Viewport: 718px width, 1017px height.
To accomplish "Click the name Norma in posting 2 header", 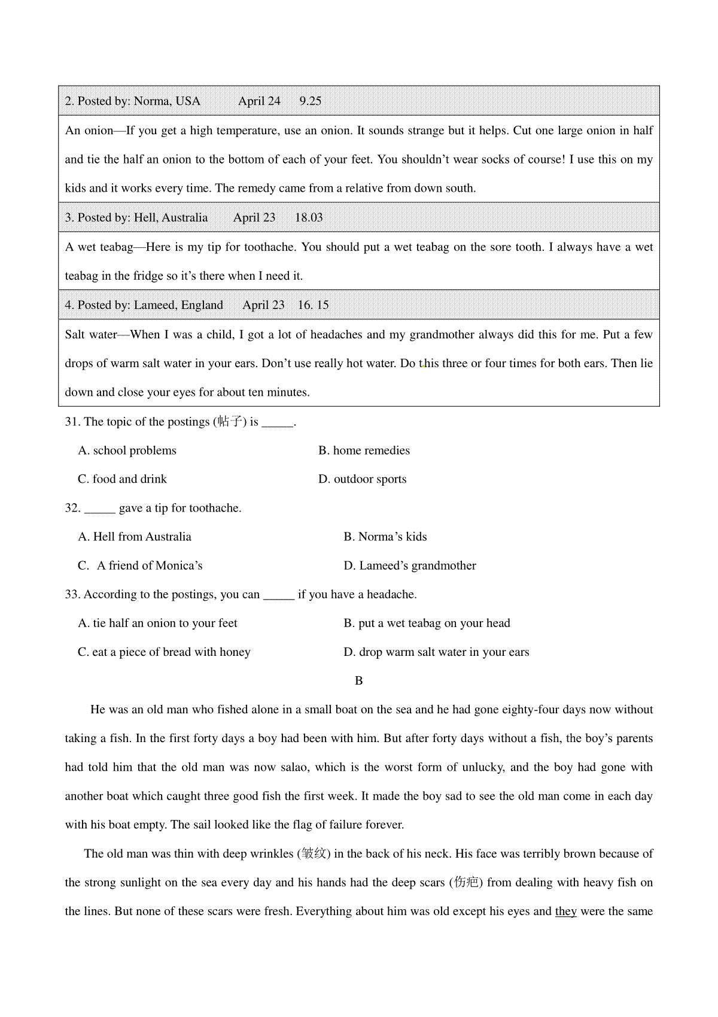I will pos(152,101).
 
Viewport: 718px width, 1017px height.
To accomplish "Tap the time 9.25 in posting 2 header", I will pos(310,101).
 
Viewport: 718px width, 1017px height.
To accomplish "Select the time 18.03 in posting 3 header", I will pos(309,217).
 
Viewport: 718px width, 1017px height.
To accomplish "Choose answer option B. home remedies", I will pos(364,450).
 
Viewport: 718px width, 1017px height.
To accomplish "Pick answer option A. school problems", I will pos(127,450).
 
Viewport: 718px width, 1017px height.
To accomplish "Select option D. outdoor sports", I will pos(362,479).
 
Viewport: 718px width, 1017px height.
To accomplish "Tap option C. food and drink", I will pos(122,479).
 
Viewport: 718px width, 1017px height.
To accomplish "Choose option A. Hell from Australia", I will pos(135,537).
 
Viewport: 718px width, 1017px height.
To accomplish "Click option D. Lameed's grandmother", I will pos(410,565).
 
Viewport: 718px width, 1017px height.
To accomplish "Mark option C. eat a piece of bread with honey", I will pos(164,652).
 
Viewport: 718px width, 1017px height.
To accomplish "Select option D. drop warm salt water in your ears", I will pos(436,652).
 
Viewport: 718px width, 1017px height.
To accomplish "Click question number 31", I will pos(72,422).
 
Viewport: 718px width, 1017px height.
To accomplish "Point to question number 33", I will pos(72,594).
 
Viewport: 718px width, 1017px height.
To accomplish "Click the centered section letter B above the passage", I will pos(359,681).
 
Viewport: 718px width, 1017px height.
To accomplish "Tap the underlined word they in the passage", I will pos(565,912).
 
